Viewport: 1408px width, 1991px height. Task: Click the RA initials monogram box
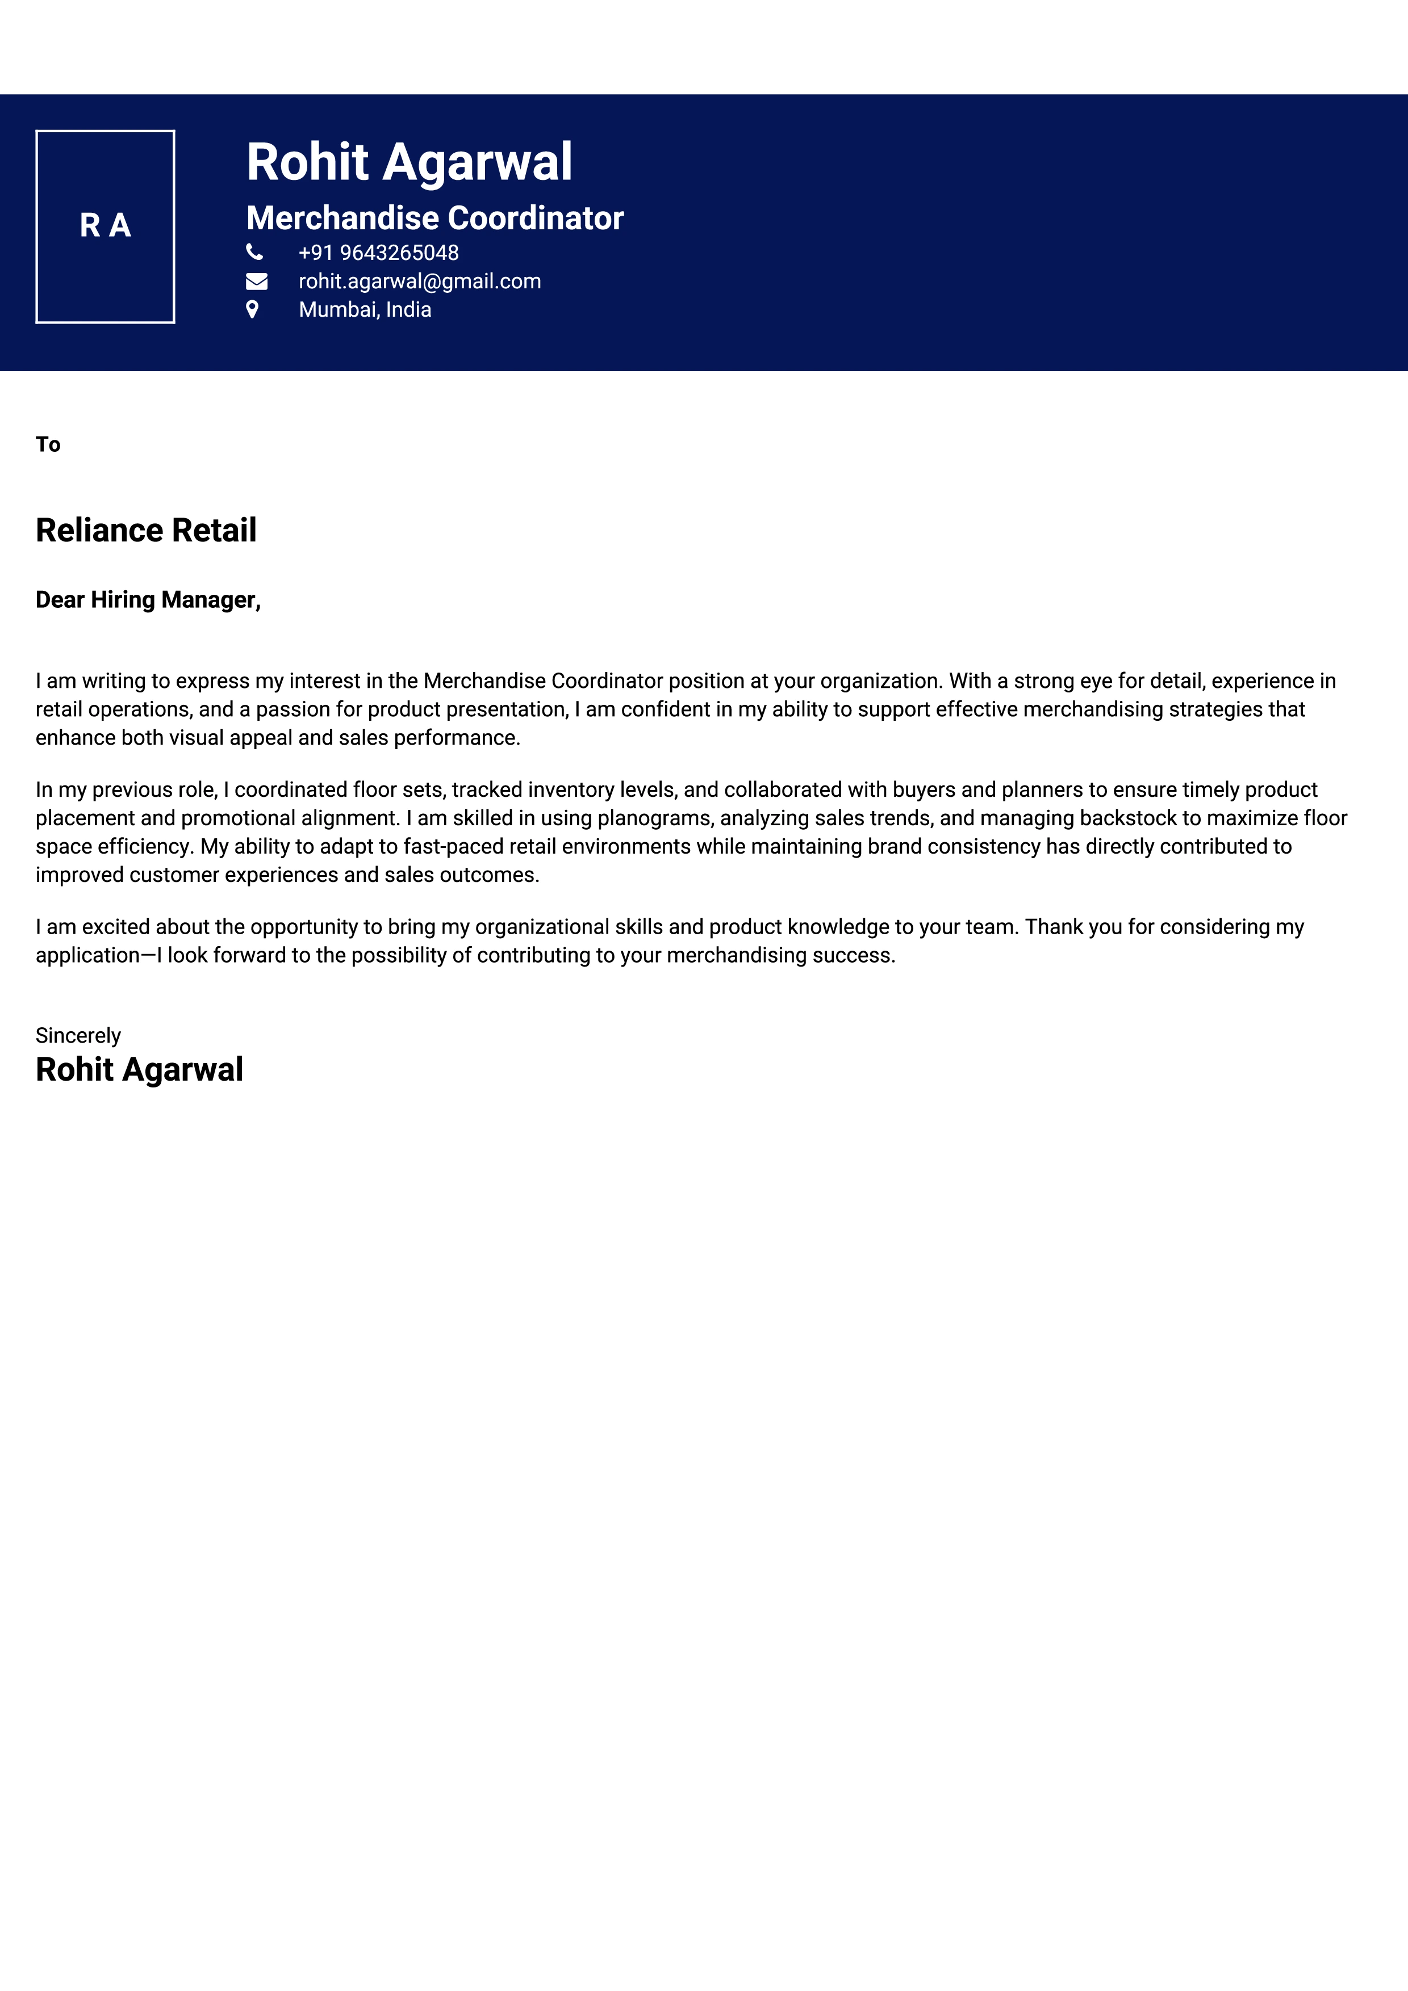click(105, 226)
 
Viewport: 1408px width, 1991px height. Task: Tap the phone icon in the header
click(254, 253)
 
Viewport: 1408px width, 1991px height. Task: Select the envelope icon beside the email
click(256, 281)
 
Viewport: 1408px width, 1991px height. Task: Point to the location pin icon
click(252, 309)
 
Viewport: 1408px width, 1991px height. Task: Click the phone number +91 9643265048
click(378, 253)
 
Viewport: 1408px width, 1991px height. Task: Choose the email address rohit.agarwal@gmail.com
click(419, 281)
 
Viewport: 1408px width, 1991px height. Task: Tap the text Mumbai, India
click(365, 309)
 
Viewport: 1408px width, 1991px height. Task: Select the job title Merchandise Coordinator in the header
click(434, 217)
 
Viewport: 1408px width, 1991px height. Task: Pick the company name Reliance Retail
click(146, 530)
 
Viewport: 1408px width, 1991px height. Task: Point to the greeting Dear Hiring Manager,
click(148, 599)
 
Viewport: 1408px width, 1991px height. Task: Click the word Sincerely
click(78, 1035)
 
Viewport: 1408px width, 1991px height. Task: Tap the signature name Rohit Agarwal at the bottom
click(139, 1069)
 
